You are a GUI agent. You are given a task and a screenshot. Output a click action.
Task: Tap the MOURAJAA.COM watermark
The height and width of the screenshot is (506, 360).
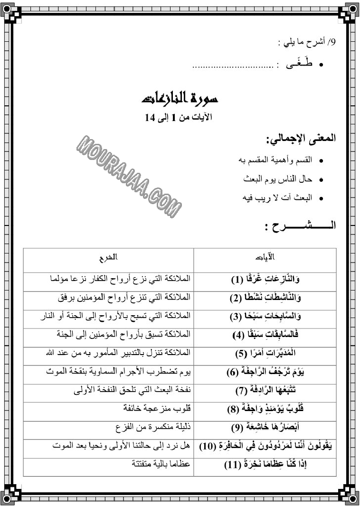click(x=129, y=174)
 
